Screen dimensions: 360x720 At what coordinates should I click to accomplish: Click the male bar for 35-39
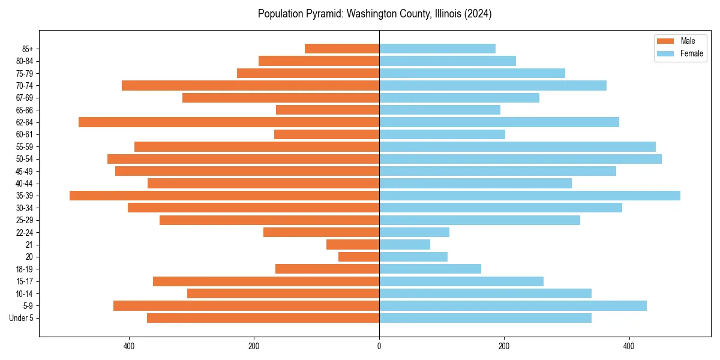tap(224, 196)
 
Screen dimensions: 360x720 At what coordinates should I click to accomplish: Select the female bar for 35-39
tap(530, 196)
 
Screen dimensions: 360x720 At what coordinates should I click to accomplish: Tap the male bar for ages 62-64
tap(229, 122)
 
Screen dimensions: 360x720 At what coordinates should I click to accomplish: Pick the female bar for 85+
tap(437, 49)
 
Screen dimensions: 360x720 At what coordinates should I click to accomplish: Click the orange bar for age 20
tap(359, 257)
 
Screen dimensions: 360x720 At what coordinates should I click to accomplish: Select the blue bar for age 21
tap(404, 244)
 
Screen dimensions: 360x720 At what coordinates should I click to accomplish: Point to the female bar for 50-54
tap(520, 159)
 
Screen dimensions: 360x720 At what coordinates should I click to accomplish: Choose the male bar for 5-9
tap(246, 305)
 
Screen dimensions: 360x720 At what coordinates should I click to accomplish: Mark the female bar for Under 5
tap(485, 318)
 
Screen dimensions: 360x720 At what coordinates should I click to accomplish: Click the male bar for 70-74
tap(250, 85)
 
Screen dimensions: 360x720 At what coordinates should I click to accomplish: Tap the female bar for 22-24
tap(414, 232)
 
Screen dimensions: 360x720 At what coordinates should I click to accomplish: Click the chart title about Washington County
tap(374, 14)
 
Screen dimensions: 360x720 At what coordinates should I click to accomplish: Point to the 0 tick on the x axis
tap(379, 346)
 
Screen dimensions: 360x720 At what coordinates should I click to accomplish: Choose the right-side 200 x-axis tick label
tap(504, 346)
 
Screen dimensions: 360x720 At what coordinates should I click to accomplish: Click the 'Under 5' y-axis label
tap(21, 318)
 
